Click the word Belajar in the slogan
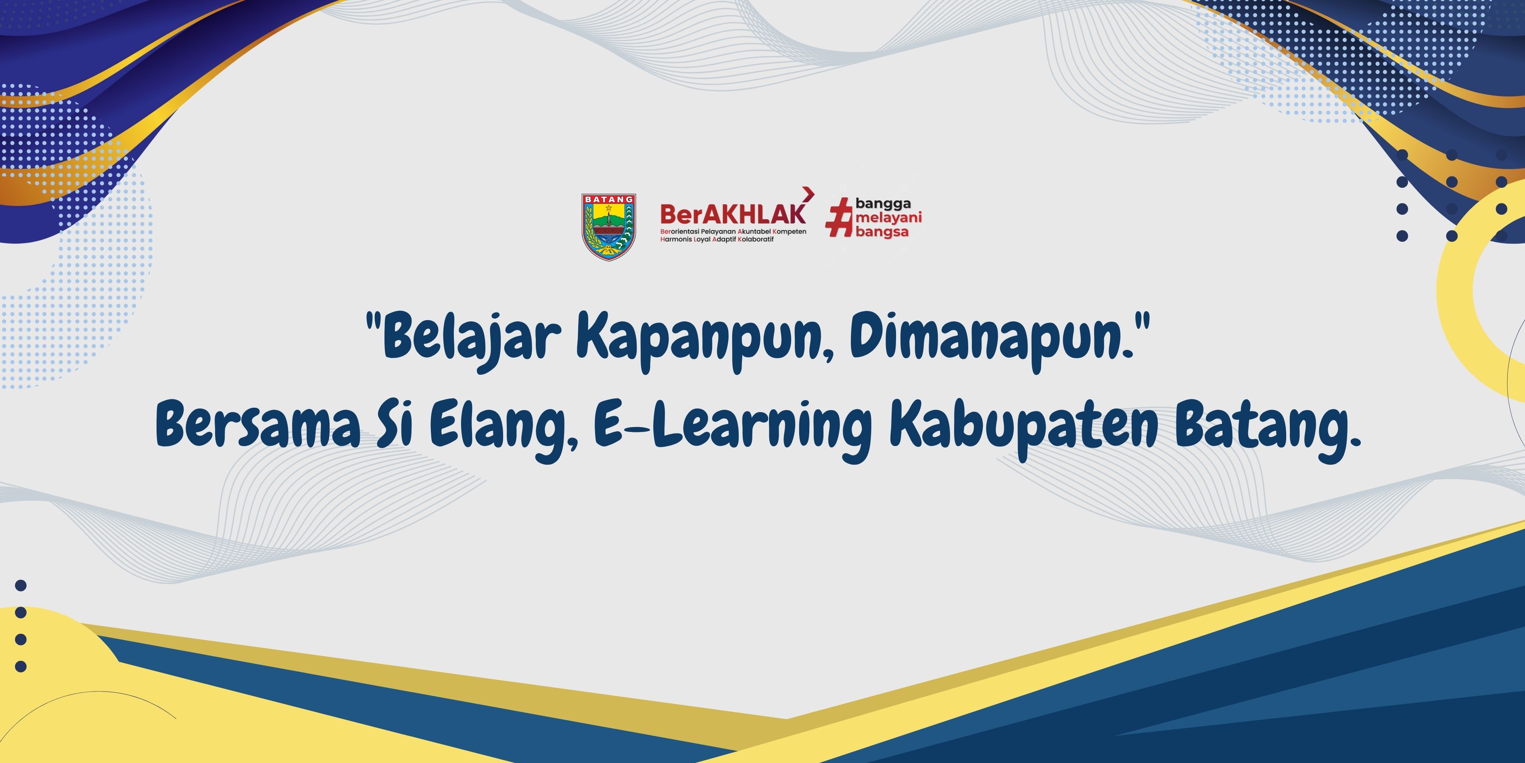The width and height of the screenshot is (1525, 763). pos(471,341)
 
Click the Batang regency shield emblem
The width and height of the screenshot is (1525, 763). pos(608,227)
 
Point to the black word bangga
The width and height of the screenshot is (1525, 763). pos(883,204)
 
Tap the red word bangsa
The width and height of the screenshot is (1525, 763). pos(882,232)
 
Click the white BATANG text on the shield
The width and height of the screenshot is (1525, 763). pos(608,199)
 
